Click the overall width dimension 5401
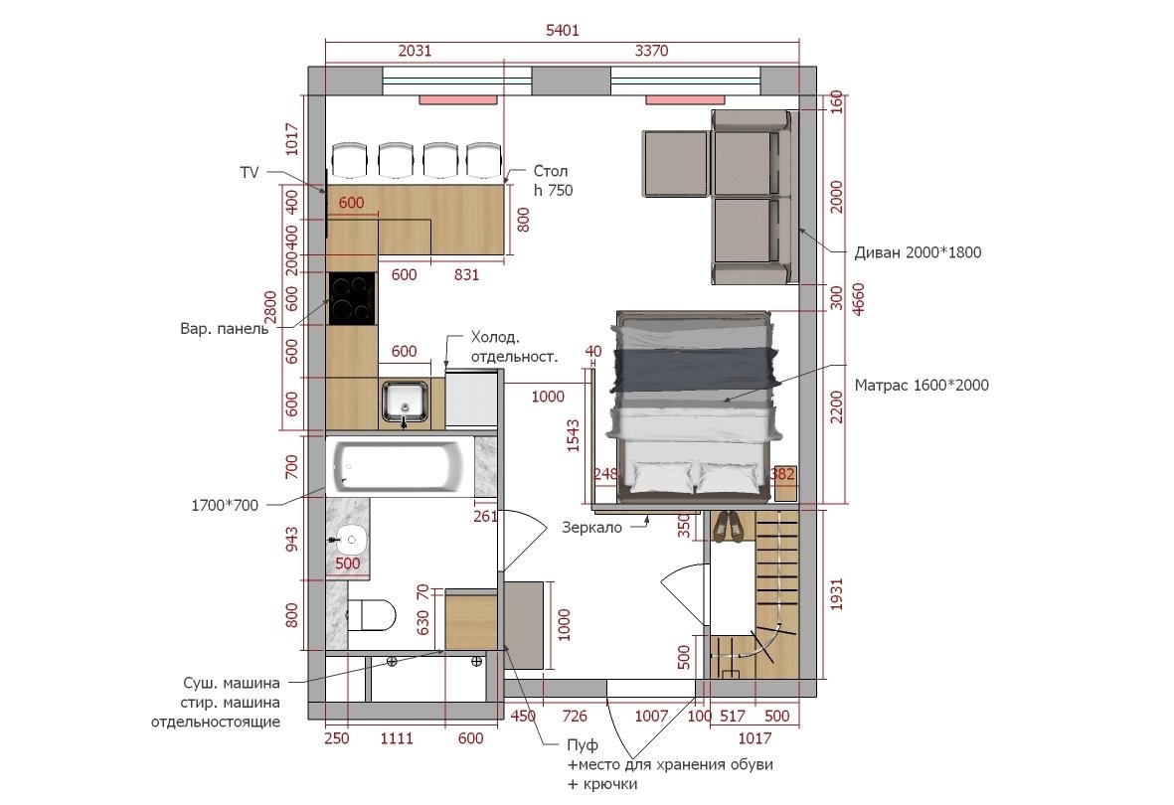point(563,30)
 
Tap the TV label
point(250,172)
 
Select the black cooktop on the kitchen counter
point(352,298)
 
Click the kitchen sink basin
point(405,401)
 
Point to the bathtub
point(399,467)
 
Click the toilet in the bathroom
point(372,614)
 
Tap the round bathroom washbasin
point(350,538)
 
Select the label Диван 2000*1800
point(918,252)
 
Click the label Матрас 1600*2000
point(922,385)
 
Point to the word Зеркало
point(592,527)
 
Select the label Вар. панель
point(224,329)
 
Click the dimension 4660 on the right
point(858,299)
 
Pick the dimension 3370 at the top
point(651,50)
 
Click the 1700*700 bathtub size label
point(225,505)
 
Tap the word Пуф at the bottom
point(583,745)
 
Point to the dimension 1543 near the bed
point(573,435)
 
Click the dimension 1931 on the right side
point(836,594)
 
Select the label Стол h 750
point(554,181)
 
